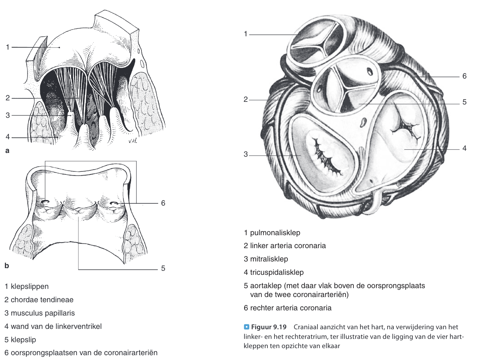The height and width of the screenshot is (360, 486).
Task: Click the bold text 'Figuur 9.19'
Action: (269, 327)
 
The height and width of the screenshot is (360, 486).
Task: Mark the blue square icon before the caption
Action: (247, 327)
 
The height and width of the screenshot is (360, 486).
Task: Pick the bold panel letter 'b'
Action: (7, 266)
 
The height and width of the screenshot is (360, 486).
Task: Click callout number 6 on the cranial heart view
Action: (464, 76)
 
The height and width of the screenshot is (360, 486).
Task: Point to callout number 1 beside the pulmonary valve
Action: (246, 34)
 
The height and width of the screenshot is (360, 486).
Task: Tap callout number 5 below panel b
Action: (163, 268)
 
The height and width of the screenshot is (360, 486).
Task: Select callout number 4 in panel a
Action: (7, 137)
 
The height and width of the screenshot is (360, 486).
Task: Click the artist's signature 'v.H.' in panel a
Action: (132, 141)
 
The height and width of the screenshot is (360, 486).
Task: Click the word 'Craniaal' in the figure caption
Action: (306, 327)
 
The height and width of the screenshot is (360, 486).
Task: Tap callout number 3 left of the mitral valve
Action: (246, 154)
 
